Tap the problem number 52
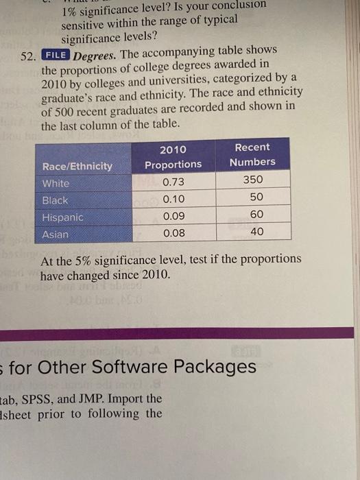(27, 57)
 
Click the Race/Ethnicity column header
(77, 166)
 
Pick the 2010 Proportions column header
(173, 157)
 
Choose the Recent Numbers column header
(252, 154)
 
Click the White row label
(56, 183)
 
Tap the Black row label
(55, 200)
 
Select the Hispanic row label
(63, 217)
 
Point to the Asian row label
(56, 235)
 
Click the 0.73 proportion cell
(173, 182)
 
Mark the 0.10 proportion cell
(174, 200)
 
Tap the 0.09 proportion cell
(174, 216)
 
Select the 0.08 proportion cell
(174, 233)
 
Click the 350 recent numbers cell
(253, 180)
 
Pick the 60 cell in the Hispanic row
(256, 214)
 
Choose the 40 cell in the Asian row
(257, 232)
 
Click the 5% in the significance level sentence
(83, 261)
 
